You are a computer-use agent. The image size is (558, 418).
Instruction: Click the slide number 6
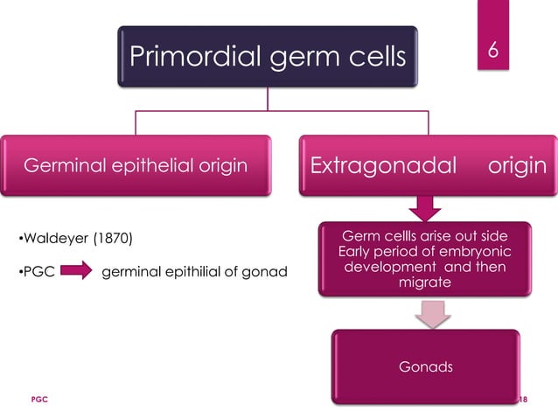(492, 52)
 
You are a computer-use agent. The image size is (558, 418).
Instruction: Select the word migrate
(426, 283)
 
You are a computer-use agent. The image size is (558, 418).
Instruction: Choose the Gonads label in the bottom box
(427, 366)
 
